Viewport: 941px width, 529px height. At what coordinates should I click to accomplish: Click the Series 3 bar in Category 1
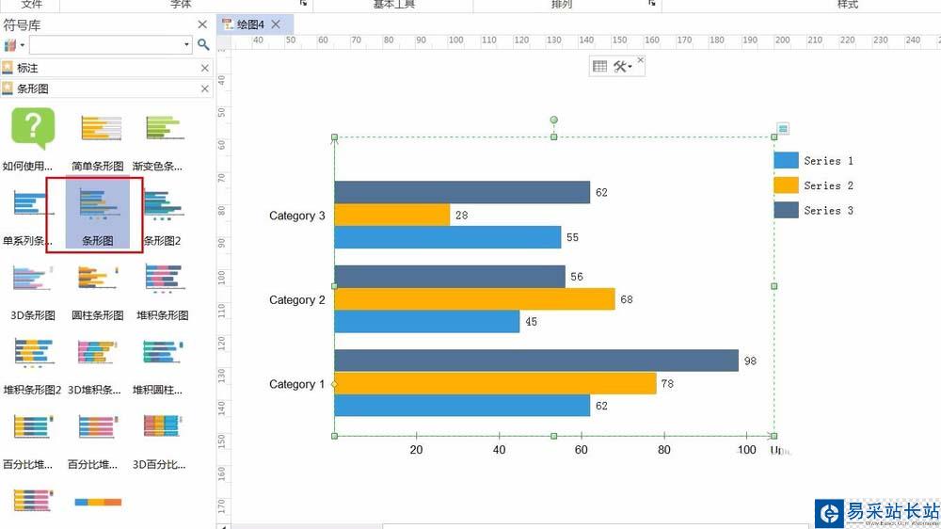click(536, 361)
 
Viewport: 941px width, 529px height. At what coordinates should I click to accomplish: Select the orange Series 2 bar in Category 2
click(474, 299)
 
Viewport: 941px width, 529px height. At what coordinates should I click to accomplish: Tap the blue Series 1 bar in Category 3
click(447, 237)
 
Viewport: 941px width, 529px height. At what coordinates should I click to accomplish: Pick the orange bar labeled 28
click(391, 216)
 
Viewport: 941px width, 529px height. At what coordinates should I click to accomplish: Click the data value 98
click(750, 361)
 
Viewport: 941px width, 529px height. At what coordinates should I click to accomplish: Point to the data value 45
click(532, 322)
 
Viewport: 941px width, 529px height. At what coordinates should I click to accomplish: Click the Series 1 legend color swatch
click(786, 161)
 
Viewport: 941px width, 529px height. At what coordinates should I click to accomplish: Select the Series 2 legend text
click(828, 186)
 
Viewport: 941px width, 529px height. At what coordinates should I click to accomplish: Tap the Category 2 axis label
click(297, 300)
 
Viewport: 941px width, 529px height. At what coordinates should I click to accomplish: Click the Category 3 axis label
click(297, 216)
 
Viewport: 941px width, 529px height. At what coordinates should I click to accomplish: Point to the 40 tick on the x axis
click(499, 450)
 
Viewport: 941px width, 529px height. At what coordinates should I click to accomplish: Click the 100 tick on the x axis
click(746, 450)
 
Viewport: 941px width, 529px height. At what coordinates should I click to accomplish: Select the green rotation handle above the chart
click(553, 120)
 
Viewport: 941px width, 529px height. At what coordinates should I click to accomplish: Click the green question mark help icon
click(33, 127)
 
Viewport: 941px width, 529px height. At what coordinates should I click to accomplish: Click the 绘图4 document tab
click(249, 24)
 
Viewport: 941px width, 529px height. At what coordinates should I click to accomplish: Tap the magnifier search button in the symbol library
click(203, 44)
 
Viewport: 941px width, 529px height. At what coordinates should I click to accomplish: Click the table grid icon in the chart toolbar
click(599, 66)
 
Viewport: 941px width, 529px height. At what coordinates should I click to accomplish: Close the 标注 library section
click(205, 68)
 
